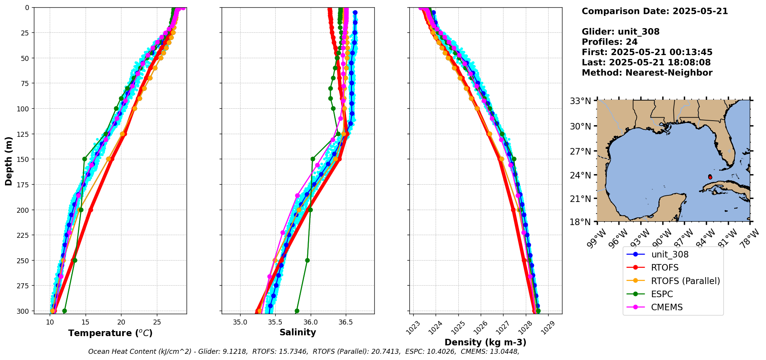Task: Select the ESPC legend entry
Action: (662, 294)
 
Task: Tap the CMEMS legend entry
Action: (667, 307)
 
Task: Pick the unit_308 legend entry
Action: (670, 254)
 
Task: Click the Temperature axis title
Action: (110, 333)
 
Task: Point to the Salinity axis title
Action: (298, 332)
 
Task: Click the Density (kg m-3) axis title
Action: (485, 342)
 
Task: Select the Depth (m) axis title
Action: (8, 161)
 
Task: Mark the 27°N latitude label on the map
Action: (580, 151)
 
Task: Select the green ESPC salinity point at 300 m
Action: (297, 311)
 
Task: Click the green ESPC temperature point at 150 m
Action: (84, 159)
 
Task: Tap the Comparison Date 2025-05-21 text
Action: (655, 11)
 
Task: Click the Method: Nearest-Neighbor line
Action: (647, 73)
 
